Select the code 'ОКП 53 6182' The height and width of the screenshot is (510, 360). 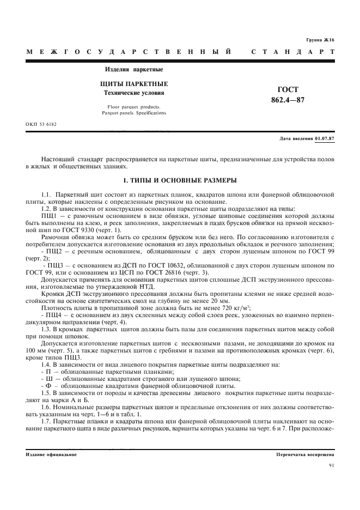[x=41, y=124]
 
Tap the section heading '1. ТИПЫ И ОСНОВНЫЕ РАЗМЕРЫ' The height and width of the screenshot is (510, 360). [x=180, y=180]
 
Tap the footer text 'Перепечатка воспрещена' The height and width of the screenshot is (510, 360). [x=305, y=454]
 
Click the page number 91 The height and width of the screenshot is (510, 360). [x=332, y=465]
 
